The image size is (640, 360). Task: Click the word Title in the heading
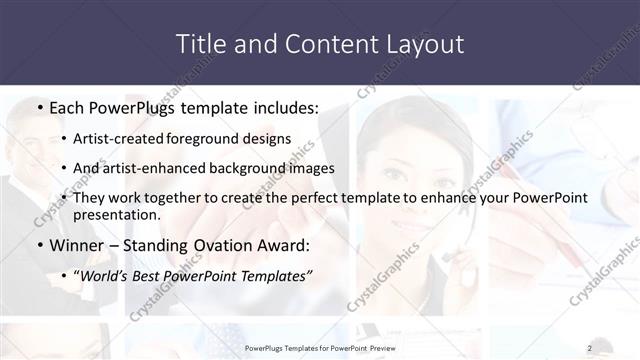coord(198,44)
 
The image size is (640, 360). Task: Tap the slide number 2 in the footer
coord(590,348)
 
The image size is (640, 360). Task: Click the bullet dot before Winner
coord(38,246)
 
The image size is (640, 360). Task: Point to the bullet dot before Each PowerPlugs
coord(38,108)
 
